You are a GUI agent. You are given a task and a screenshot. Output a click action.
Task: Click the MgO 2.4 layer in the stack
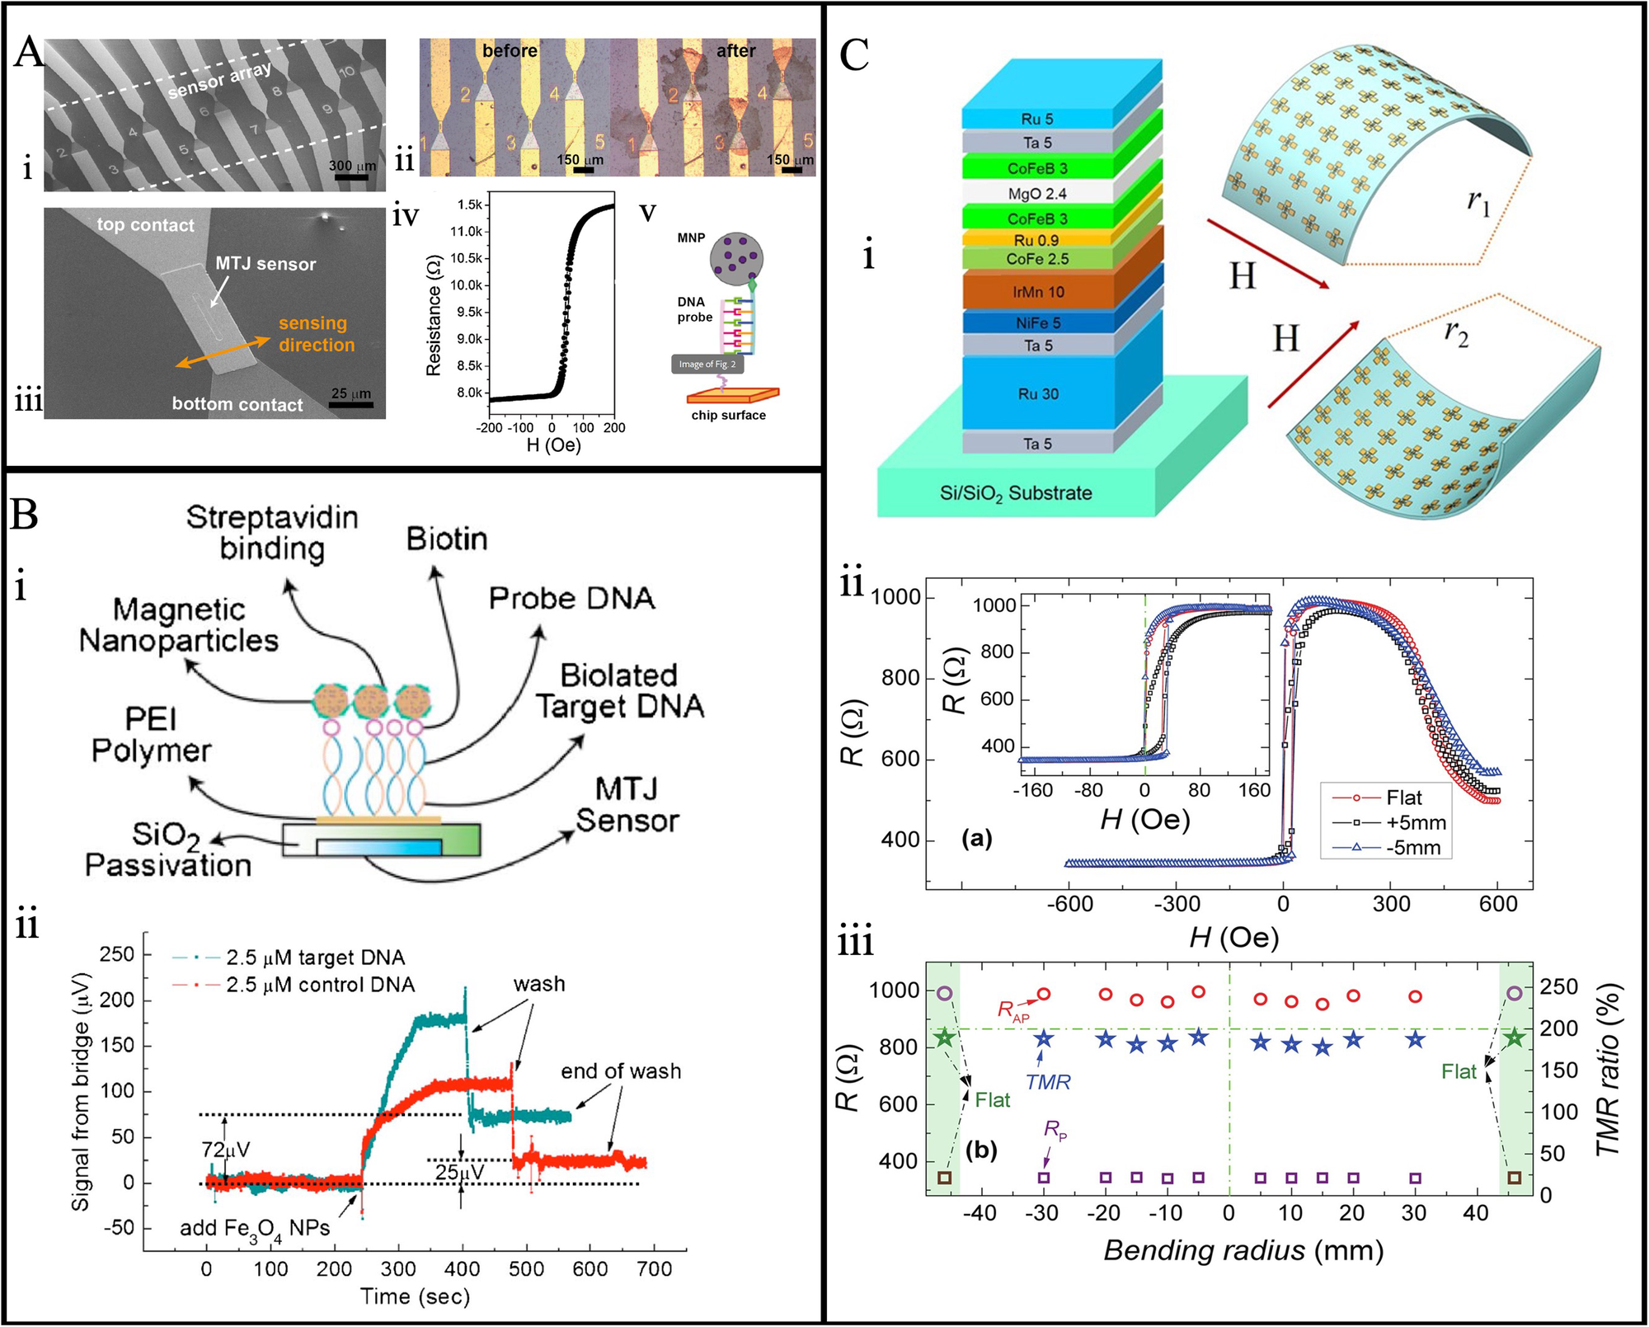[1037, 194]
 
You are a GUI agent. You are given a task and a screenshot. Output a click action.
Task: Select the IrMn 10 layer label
[1038, 292]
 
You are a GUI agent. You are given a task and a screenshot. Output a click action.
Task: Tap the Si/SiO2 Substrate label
[1016, 493]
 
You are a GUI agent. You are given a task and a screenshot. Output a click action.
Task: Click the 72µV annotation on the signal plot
[225, 1150]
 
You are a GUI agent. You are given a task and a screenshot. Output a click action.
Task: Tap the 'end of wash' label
[621, 1071]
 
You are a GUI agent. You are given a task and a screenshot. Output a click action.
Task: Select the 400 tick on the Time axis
[463, 1269]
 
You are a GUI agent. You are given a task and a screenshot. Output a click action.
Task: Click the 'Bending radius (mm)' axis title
[1243, 1251]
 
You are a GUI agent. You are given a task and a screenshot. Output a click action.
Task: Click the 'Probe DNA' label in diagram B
[571, 599]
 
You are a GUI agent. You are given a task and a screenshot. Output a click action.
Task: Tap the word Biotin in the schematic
[447, 539]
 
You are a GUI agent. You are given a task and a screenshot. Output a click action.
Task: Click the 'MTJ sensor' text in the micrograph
[265, 264]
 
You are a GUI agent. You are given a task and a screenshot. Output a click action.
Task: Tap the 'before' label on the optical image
[510, 51]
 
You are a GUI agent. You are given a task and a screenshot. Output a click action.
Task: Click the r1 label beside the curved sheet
[1479, 200]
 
